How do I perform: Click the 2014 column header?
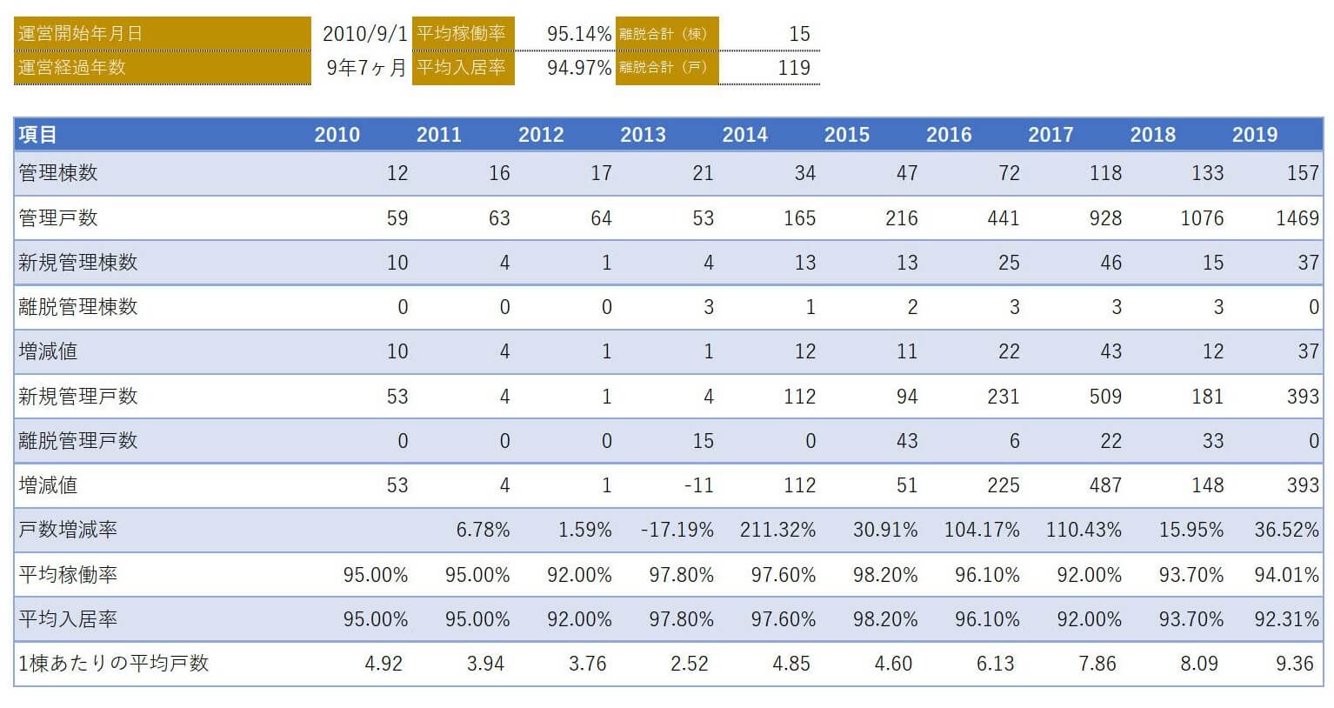coord(744,135)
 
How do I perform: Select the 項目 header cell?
coord(38,135)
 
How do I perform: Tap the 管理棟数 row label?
coord(58,173)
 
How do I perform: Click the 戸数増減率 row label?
coord(68,530)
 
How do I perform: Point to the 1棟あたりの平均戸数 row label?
coord(114,664)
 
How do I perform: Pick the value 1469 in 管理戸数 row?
coord(1297,218)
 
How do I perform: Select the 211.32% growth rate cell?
coord(777,530)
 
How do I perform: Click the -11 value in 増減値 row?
coord(698,485)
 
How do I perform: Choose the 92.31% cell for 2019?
coord(1286,619)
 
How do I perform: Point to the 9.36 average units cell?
coord(1294,664)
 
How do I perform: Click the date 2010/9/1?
coord(364,34)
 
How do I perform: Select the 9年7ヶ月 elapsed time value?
coord(366,68)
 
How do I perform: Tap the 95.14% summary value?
coord(579,34)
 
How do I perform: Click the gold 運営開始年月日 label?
coord(80,34)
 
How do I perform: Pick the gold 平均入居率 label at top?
coord(461,68)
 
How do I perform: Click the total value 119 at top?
coord(794,68)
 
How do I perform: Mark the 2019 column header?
coord(1254,135)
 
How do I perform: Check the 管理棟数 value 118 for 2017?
coord(1104,173)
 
